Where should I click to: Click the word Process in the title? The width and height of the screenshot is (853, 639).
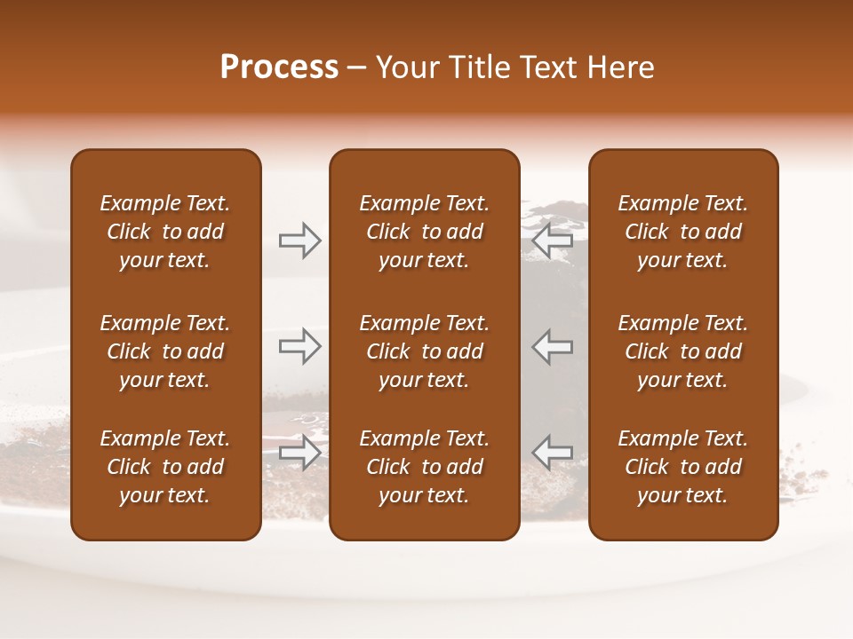point(279,67)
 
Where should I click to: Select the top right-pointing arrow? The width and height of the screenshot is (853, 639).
point(299,241)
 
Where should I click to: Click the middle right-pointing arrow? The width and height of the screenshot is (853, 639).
point(299,346)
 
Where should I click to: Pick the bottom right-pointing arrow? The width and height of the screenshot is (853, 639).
point(299,453)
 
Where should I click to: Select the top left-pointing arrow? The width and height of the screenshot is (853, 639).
point(552,241)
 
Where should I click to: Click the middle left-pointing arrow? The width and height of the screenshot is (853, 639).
point(552,346)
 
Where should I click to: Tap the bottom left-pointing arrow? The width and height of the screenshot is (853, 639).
point(552,453)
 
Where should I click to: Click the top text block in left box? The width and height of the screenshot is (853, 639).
point(165,232)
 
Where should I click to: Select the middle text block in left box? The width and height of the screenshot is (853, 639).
point(165,351)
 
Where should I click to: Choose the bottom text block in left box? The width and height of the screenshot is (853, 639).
point(165,467)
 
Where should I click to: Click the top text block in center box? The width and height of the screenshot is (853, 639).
point(424,232)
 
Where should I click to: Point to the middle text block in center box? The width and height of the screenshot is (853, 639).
point(424,351)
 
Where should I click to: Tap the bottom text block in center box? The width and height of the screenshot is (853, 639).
point(424,467)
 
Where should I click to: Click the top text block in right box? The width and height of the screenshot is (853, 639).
point(682,232)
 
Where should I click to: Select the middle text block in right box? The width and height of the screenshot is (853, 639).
point(682,351)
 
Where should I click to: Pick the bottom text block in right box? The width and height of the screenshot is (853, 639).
point(682,467)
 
